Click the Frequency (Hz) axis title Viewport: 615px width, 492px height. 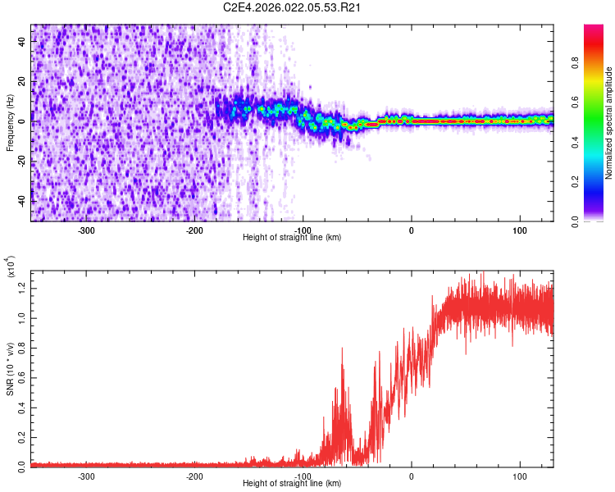[10, 122]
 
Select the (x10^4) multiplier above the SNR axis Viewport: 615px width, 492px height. [11, 267]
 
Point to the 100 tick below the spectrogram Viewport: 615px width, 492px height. [519, 230]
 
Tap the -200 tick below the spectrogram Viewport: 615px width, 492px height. [194, 230]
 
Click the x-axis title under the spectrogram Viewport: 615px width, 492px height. [292, 238]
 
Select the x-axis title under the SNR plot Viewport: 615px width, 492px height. [292, 484]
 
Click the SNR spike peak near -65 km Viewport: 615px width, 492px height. [341, 348]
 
